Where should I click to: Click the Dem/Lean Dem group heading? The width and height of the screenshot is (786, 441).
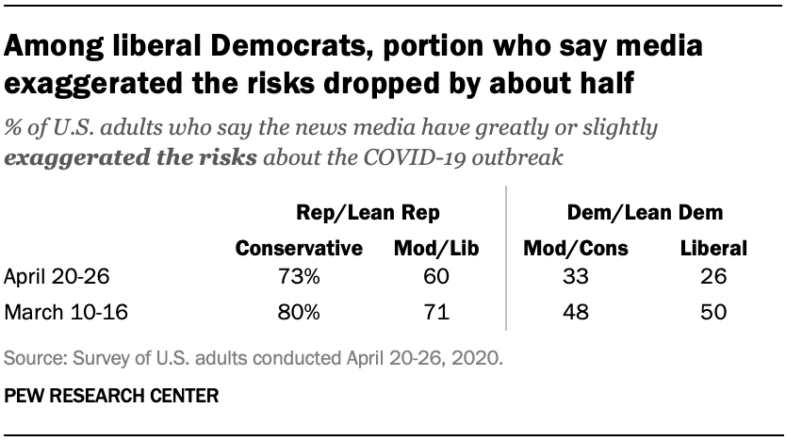tap(644, 214)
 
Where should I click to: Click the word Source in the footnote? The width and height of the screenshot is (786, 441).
tap(29, 360)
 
